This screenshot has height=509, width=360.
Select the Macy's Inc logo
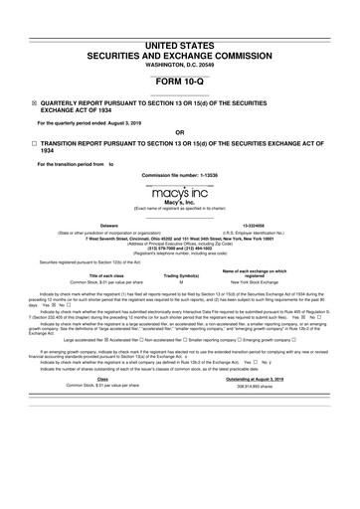coord(179,190)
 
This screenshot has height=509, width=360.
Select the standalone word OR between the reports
coord(179,132)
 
